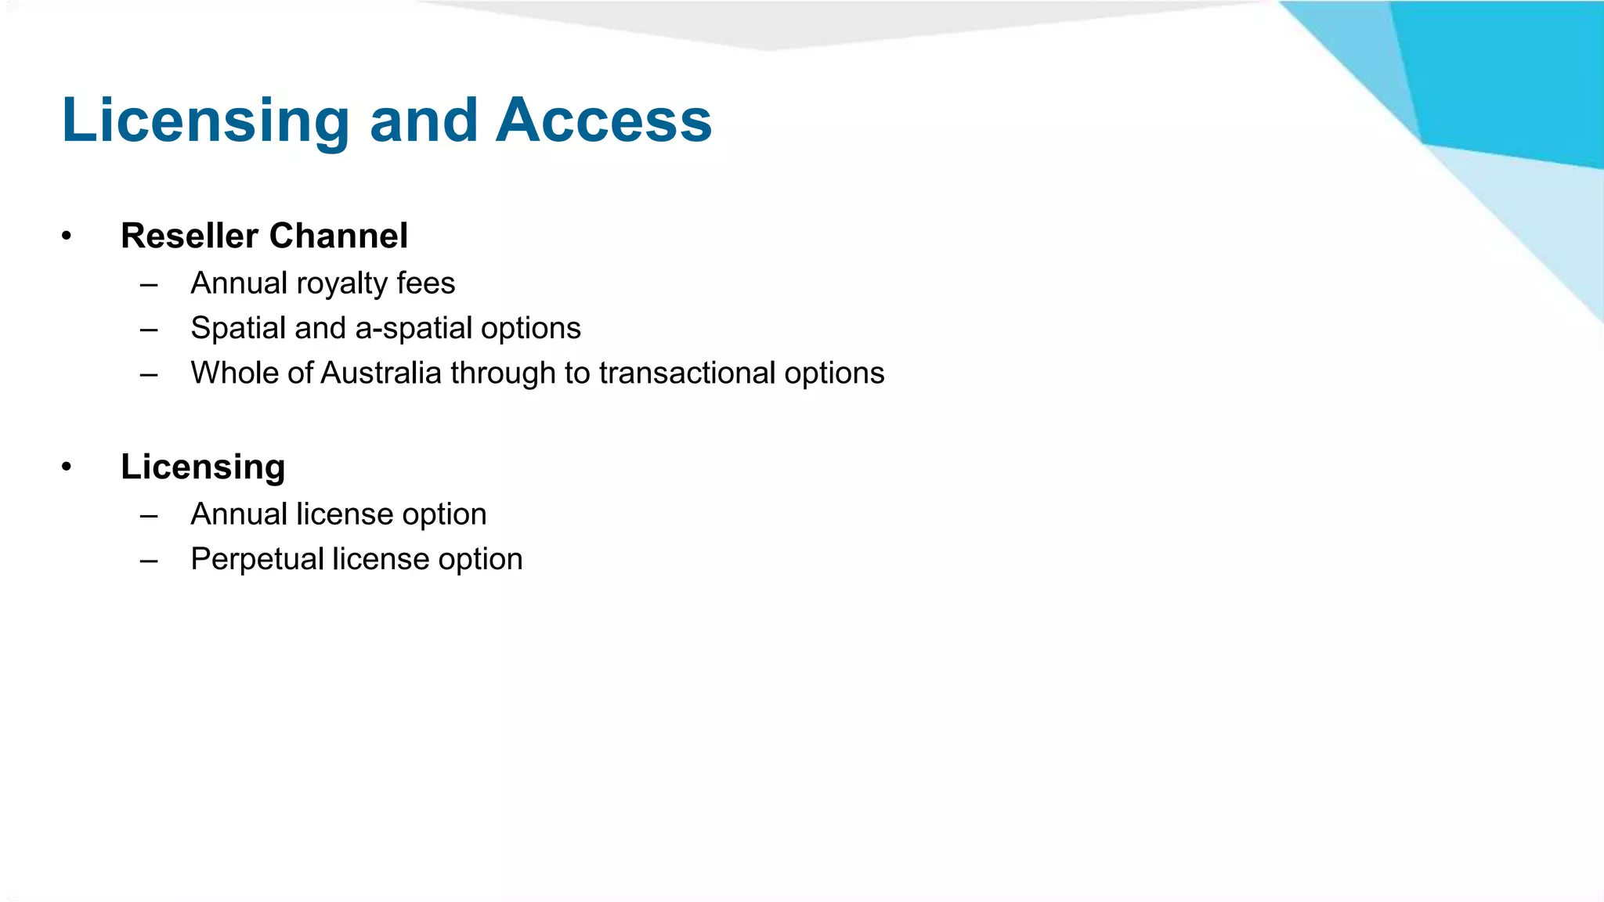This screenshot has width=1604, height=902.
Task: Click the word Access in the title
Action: tap(603, 121)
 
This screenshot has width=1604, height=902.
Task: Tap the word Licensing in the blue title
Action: tap(205, 122)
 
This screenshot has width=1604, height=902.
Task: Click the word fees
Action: tap(425, 283)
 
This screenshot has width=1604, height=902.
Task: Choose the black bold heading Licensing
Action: tap(203, 467)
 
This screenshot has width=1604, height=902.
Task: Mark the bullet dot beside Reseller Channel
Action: tap(67, 236)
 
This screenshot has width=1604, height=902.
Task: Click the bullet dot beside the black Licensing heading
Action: tap(67, 467)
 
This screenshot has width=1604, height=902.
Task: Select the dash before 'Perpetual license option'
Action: tap(149, 561)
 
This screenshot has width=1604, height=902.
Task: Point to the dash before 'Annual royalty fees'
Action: tap(149, 284)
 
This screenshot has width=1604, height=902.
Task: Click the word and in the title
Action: tap(423, 121)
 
